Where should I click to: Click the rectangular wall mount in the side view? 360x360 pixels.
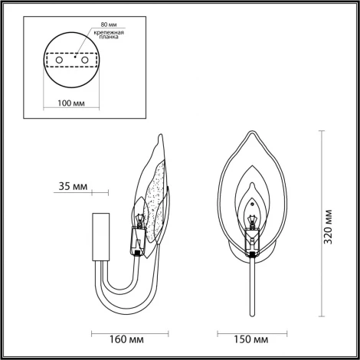pos(98,236)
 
